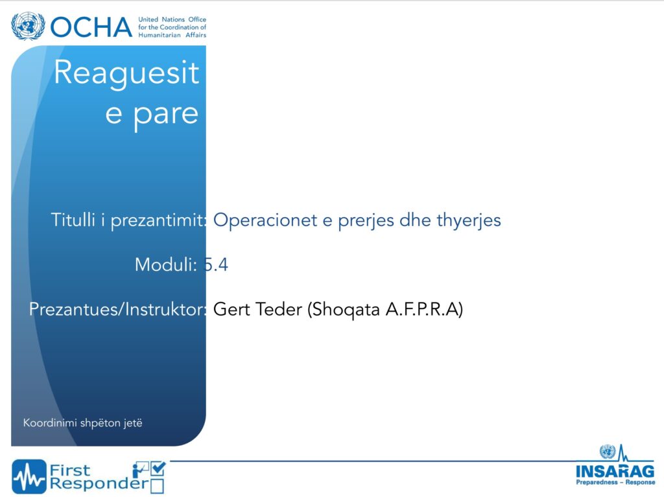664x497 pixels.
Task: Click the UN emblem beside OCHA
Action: click(x=28, y=26)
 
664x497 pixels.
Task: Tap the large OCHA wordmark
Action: click(x=91, y=27)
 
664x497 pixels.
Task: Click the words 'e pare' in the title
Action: click(x=152, y=114)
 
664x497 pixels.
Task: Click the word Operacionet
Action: click(x=265, y=220)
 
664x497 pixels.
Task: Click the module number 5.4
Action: click(x=216, y=265)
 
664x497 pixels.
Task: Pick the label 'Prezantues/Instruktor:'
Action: click(x=118, y=310)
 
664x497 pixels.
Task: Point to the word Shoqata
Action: click(x=346, y=310)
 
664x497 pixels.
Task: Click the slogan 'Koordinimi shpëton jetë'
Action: click(x=82, y=423)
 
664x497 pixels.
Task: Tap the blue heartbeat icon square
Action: click(x=29, y=477)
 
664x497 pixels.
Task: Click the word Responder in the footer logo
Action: click(x=99, y=483)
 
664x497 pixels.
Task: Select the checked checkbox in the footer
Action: click(x=158, y=468)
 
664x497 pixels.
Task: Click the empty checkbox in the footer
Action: click(x=157, y=486)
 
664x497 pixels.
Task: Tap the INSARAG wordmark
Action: click(x=615, y=471)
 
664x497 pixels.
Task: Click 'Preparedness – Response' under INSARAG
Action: click(x=615, y=482)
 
